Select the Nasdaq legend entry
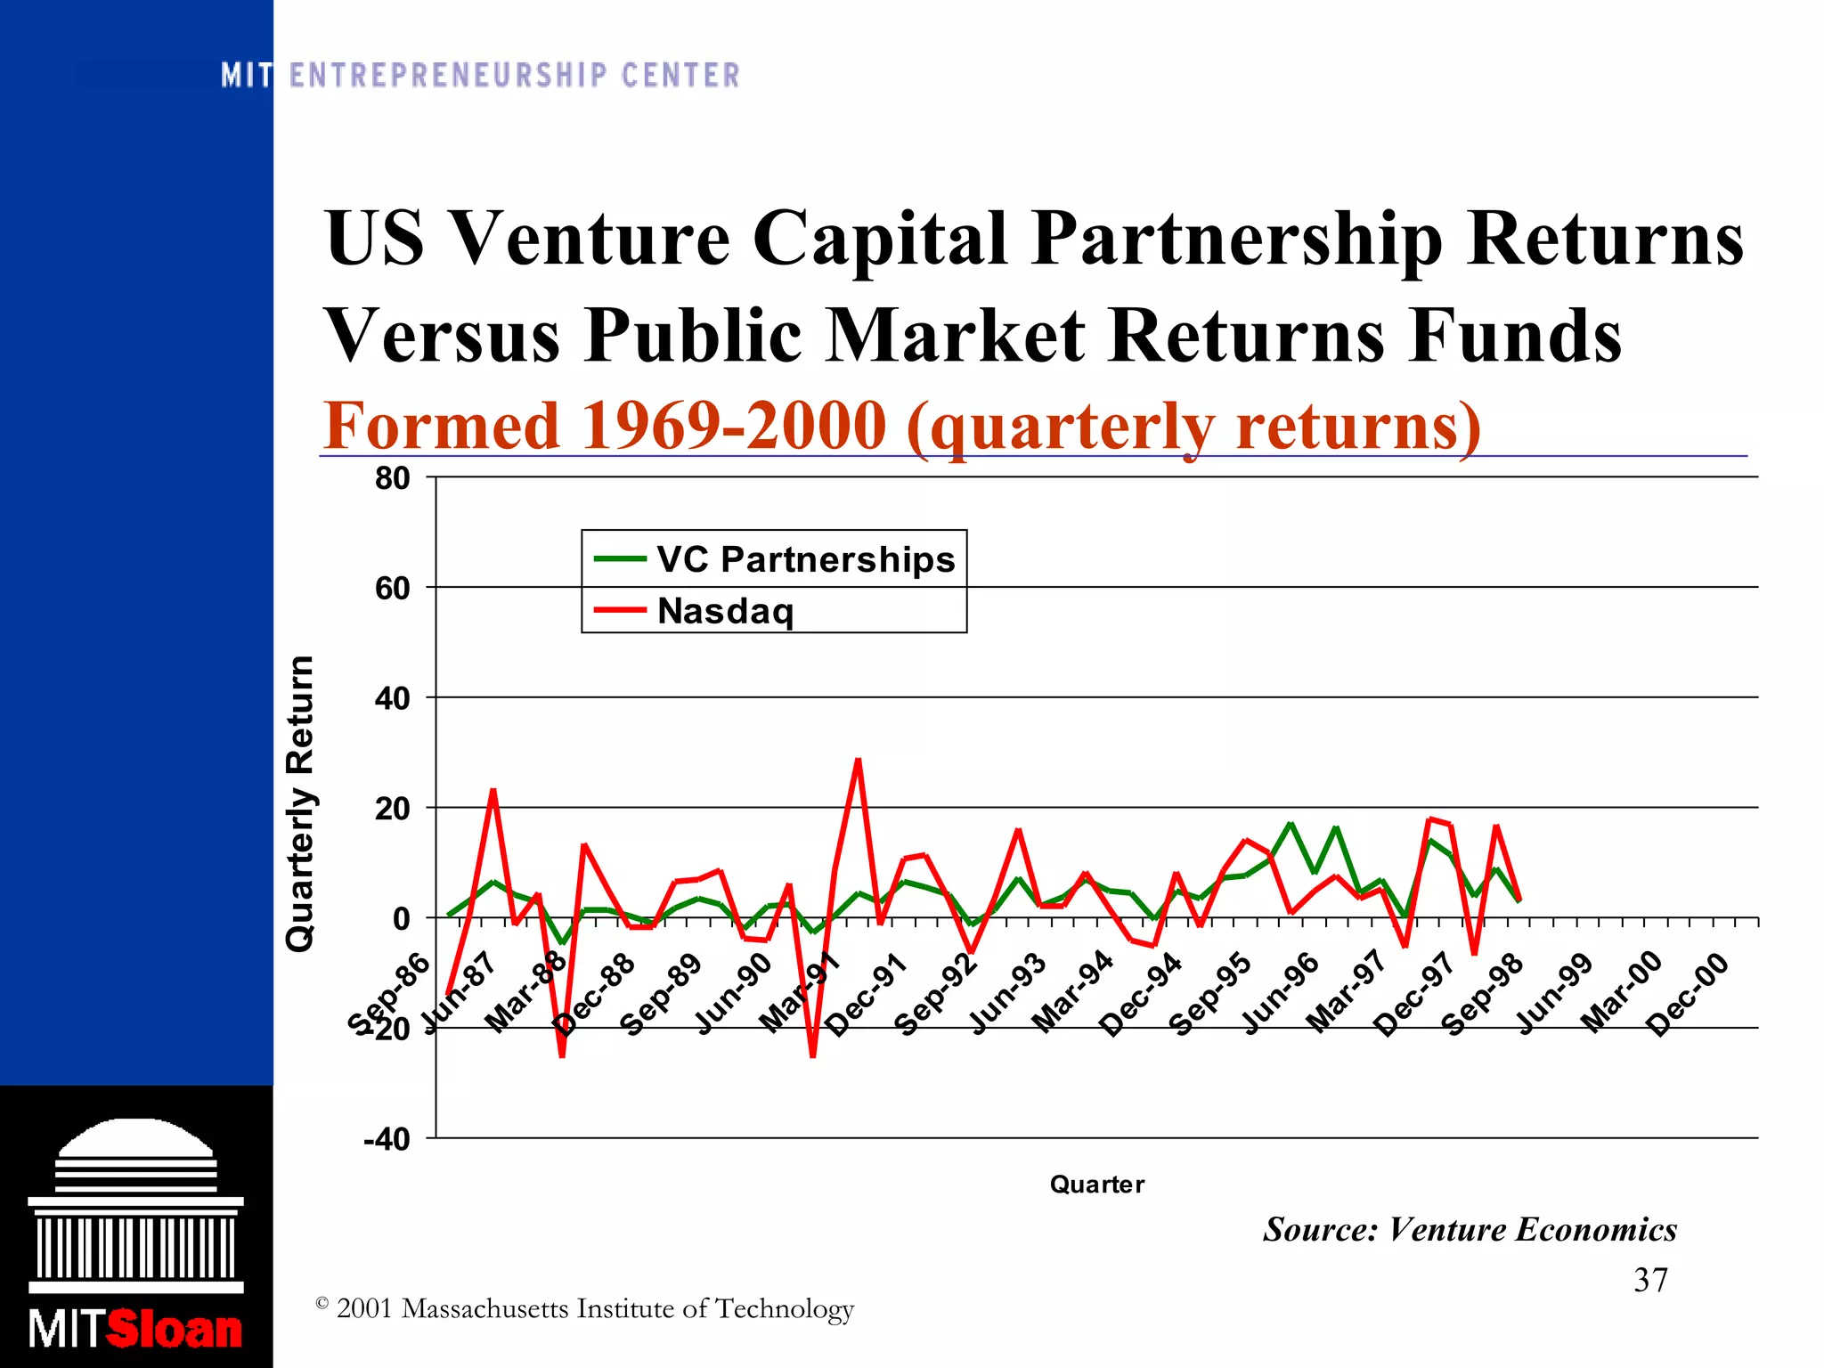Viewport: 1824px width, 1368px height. (725, 611)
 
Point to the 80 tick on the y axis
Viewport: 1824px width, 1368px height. (392, 478)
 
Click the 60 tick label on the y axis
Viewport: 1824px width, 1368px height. (392, 588)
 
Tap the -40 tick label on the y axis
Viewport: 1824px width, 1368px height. (387, 1139)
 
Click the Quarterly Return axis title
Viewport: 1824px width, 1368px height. (300, 803)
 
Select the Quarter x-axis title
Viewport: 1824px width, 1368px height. (1096, 1185)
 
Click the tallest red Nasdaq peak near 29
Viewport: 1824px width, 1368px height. (858, 760)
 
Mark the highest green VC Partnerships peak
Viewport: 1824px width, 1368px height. (1291, 824)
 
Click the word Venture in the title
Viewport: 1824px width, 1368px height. (590, 238)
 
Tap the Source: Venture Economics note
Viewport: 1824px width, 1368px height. (1470, 1230)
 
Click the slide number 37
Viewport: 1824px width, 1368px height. (1650, 1280)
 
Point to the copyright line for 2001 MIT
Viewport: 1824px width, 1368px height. (585, 1308)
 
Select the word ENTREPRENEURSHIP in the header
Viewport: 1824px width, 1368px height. (449, 76)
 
